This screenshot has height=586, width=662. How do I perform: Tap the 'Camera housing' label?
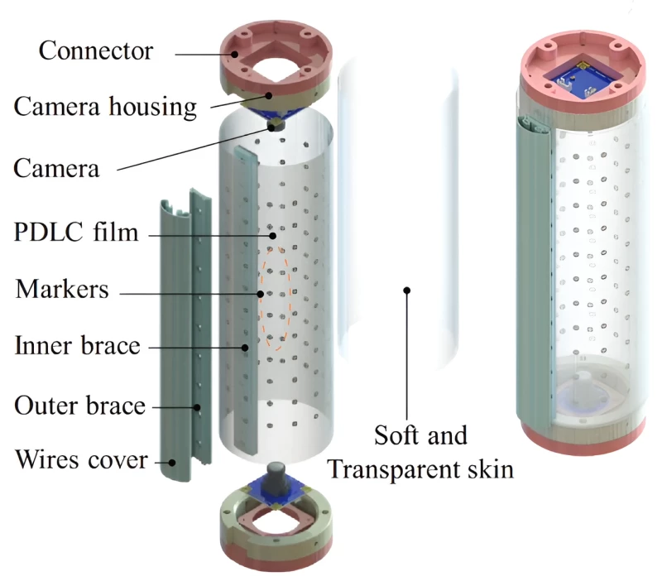105,107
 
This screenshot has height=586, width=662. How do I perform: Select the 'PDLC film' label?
75,231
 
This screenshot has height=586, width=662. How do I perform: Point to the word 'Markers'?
62,290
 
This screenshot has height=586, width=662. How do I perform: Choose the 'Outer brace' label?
79,406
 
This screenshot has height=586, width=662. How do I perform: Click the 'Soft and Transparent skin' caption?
420,452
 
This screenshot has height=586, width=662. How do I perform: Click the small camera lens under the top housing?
276,125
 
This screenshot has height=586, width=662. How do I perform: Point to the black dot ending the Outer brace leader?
197,406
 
